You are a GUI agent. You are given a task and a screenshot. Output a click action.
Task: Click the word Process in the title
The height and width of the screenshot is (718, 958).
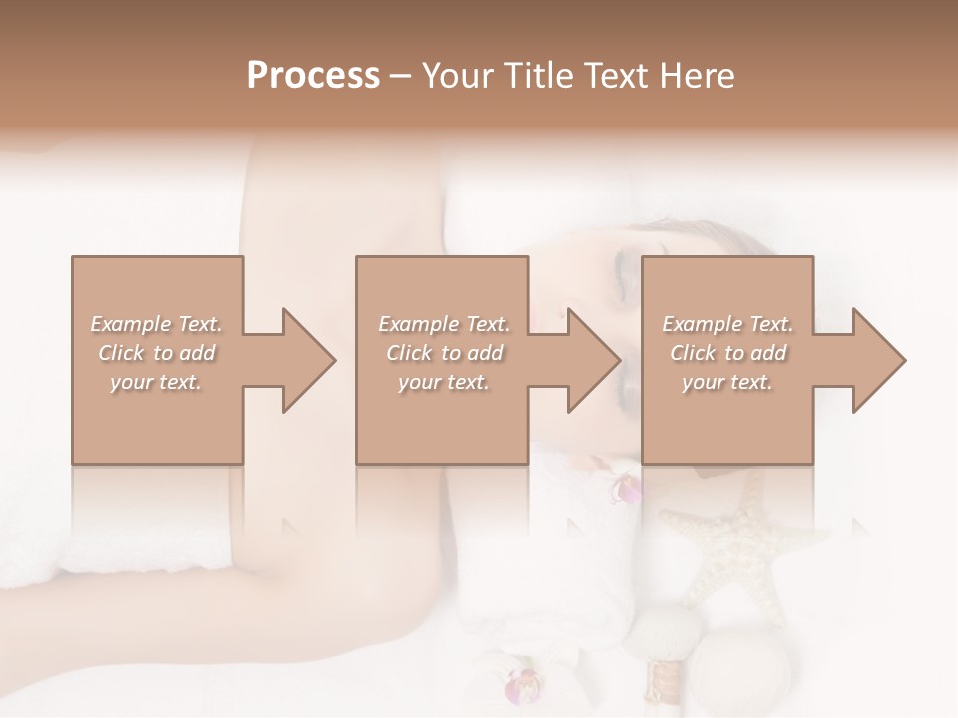[313, 76]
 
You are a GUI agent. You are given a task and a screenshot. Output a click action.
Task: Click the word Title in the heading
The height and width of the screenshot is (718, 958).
[537, 76]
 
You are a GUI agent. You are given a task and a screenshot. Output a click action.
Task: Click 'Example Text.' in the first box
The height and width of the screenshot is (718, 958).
[157, 324]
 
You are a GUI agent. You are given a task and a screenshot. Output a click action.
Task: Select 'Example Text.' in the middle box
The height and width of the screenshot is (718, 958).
[444, 324]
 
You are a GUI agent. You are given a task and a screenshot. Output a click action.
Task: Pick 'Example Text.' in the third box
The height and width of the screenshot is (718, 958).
[727, 324]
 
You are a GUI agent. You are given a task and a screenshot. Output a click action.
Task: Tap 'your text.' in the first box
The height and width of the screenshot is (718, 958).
[156, 382]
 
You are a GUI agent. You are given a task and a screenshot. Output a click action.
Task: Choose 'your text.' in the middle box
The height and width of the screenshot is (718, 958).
[444, 382]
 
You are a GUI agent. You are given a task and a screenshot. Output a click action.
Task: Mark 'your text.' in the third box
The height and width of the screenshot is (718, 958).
[727, 382]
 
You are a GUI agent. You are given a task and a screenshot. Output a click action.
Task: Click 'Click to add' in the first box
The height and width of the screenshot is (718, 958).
[157, 353]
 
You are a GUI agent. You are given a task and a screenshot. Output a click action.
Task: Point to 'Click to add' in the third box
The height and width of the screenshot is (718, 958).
[728, 353]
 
